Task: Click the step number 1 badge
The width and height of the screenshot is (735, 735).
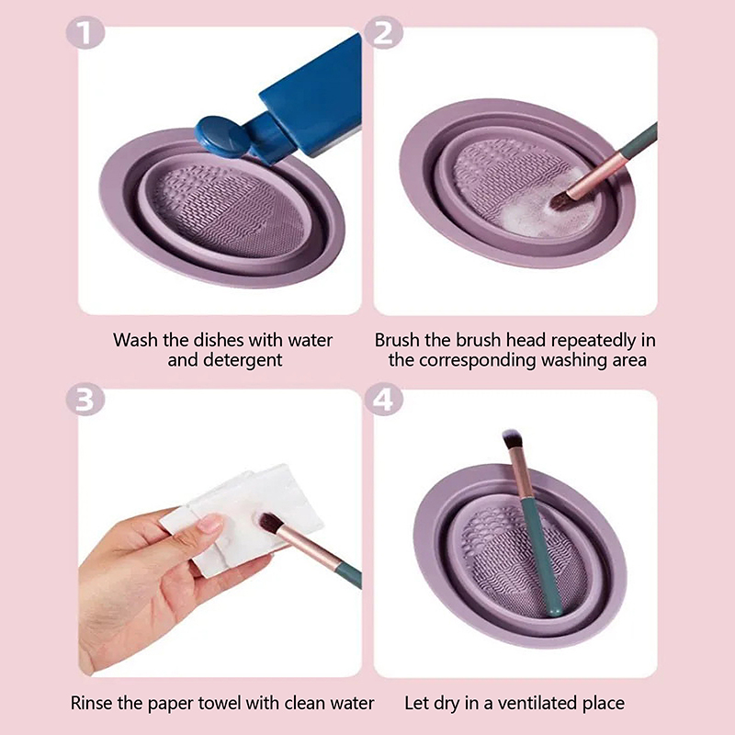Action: pyautogui.click(x=85, y=32)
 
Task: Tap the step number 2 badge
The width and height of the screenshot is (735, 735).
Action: pyautogui.click(x=383, y=32)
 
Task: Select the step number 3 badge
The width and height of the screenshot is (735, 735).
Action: pyautogui.click(x=85, y=400)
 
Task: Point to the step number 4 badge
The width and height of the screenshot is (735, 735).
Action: pyautogui.click(x=383, y=400)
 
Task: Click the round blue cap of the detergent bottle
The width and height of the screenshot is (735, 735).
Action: pyautogui.click(x=221, y=136)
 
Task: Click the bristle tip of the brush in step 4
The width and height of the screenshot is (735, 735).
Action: pyautogui.click(x=511, y=438)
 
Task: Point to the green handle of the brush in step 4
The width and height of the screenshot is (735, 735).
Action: pyautogui.click(x=540, y=557)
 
